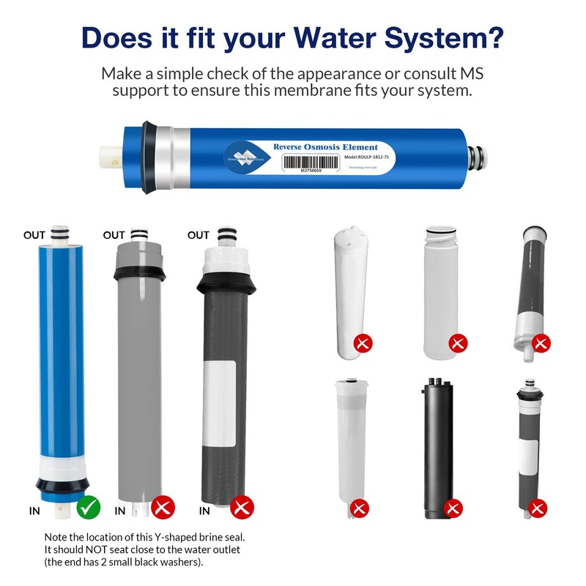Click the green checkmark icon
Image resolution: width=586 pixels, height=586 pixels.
(x=89, y=506)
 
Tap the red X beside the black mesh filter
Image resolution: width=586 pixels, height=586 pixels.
(x=242, y=506)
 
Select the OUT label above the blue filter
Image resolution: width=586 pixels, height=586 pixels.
(x=34, y=235)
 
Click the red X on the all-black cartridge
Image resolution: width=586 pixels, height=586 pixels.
(x=453, y=508)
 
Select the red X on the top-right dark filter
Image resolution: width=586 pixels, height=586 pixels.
(x=541, y=342)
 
